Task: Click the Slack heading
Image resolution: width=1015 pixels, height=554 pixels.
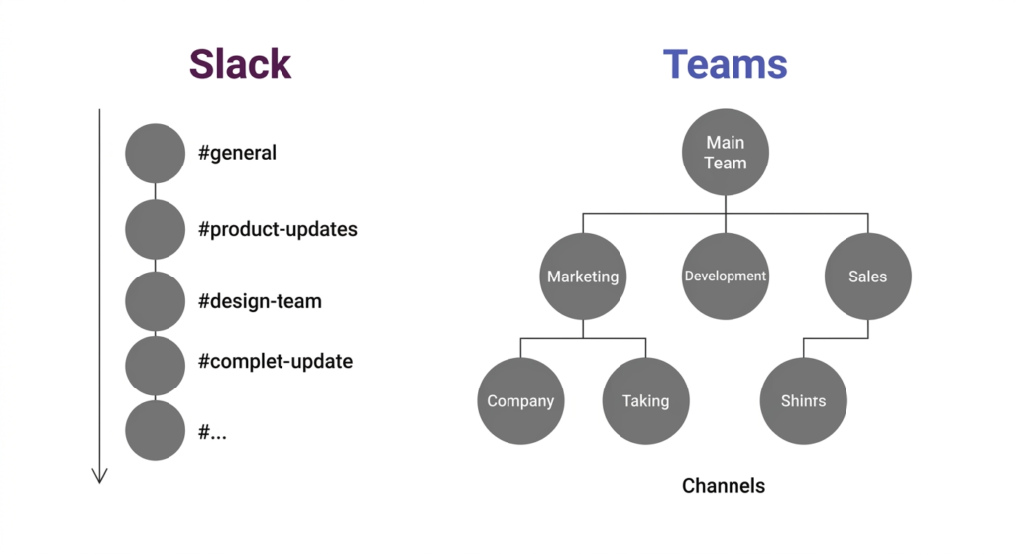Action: pyautogui.click(x=240, y=64)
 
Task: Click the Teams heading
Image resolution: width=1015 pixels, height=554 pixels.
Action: pyautogui.click(x=725, y=64)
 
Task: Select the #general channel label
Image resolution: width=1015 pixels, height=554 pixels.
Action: pyautogui.click(x=237, y=154)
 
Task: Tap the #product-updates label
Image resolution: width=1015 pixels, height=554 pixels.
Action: pyautogui.click(x=278, y=229)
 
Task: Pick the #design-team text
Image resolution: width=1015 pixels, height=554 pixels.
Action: pyautogui.click(x=260, y=301)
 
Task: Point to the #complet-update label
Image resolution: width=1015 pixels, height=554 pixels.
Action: pyautogui.click(x=275, y=361)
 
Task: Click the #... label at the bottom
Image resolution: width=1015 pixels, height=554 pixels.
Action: pyautogui.click(x=212, y=431)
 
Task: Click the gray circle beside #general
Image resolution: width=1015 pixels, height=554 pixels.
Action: pyautogui.click(x=155, y=154)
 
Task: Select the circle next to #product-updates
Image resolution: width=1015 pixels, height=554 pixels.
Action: pyautogui.click(x=155, y=229)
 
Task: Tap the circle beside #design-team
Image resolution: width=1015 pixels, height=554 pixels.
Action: pyautogui.click(x=155, y=301)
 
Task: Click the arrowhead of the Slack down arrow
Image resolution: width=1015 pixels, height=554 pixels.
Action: pyautogui.click(x=99, y=476)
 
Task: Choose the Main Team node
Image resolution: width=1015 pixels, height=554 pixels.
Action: pyautogui.click(x=725, y=153)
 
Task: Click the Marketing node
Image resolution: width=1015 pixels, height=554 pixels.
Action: pyautogui.click(x=583, y=277)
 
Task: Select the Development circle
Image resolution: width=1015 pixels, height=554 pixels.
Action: pyautogui.click(x=725, y=277)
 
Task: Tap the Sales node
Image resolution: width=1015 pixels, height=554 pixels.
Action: pyautogui.click(x=867, y=277)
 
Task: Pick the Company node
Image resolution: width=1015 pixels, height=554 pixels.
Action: pyautogui.click(x=520, y=401)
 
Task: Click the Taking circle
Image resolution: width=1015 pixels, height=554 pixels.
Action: pyautogui.click(x=645, y=401)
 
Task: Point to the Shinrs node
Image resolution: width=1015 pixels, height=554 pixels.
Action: pyautogui.click(x=803, y=401)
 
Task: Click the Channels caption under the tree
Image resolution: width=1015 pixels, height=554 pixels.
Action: pyautogui.click(x=724, y=486)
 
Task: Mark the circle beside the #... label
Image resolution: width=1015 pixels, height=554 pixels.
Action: pyautogui.click(x=155, y=431)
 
